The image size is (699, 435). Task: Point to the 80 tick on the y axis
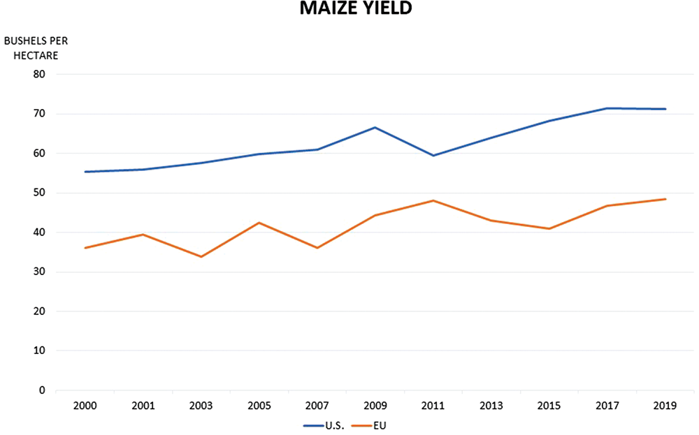[x=39, y=74]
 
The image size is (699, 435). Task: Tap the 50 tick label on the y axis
[x=39, y=193]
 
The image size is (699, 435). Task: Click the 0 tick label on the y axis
[x=42, y=390]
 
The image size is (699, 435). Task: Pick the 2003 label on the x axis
[x=201, y=406]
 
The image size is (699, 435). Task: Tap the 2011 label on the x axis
[x=433, y=406]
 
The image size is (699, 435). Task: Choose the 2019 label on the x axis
[x=665, y=406]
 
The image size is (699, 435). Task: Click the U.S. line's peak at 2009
[x=375, y=127]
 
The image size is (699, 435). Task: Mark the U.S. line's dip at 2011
[x=433, y=155]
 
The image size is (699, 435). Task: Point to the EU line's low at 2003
[x=201, y=257]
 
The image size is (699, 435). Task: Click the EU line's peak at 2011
[x=433, y=200]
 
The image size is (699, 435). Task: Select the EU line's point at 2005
[x=259, y=223]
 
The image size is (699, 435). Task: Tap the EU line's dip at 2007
[x=317, y=248]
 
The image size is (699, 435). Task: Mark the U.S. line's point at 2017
[x=607, y=108]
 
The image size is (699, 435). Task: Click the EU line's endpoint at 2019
[x=665, y=199]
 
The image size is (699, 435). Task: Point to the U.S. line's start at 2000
[x=85, y=172]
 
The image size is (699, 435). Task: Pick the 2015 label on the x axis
[x=549, y=406]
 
